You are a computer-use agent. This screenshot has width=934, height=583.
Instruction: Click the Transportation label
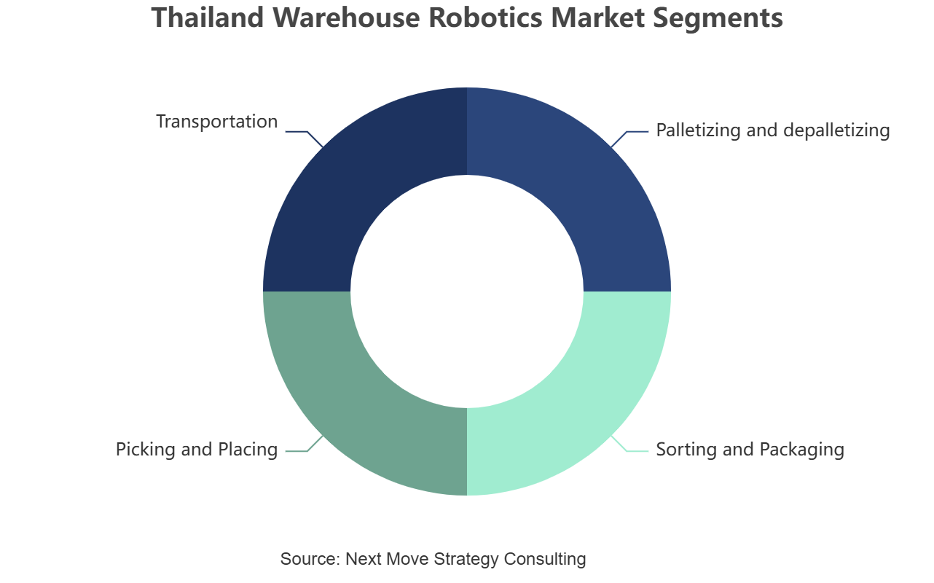217,122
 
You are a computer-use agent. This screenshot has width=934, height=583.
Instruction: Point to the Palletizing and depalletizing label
773,130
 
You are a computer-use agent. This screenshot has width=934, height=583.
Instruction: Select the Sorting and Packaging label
750,450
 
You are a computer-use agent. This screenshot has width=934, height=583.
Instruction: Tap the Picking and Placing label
197,450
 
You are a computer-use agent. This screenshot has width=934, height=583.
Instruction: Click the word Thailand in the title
207,17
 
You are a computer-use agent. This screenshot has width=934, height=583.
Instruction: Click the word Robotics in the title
485,17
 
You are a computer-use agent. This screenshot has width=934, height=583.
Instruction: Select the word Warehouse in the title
346,17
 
